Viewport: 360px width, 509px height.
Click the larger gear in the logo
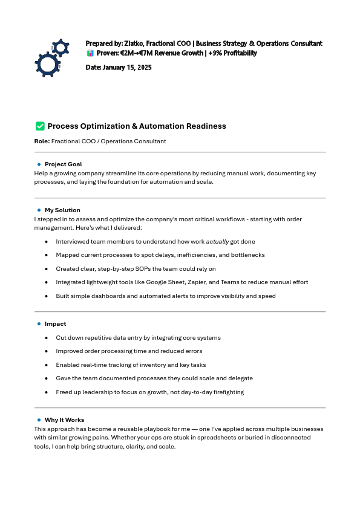[x=46, y=64]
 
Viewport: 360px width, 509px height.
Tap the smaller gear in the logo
[x=61, y=48]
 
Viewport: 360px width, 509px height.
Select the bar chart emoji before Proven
[x=90, y=53]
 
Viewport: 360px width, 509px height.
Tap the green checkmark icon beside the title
[x=40, y=126]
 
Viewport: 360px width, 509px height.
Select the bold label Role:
[x=42, y=141]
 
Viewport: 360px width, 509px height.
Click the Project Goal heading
[x=63, y=164]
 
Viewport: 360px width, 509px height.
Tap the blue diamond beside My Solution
[x=39, y=210]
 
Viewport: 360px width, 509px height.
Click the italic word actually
[x=217, y=242]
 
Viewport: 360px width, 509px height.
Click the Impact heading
[x=55, y=324]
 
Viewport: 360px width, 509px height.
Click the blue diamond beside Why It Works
[x=39, y=420]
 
